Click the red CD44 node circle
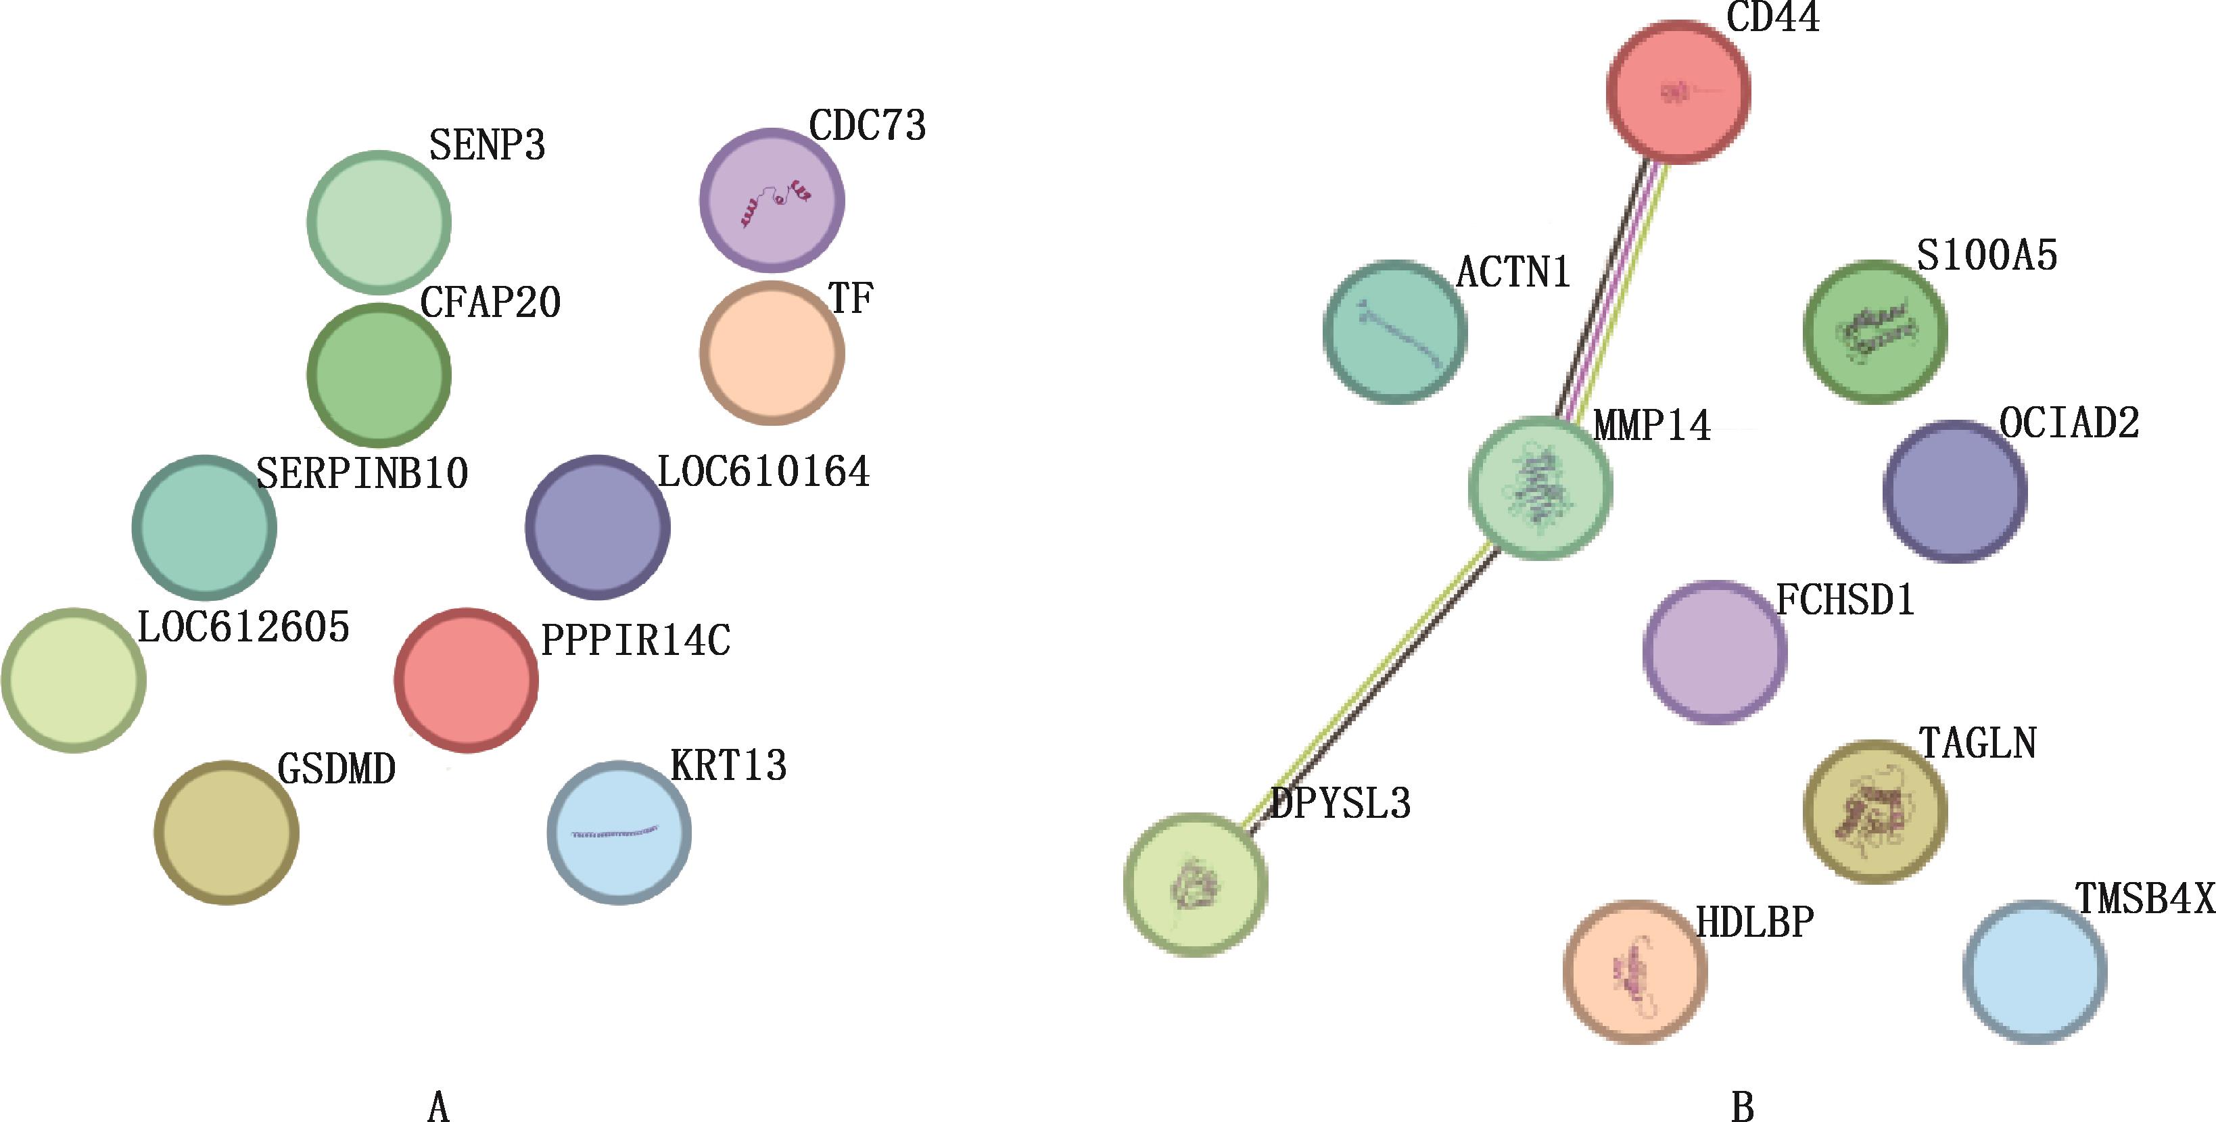(x=1678, y=91)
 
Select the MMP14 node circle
(x=1540, y=487)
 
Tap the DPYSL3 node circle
(x=1195, y=884)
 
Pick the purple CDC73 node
(x=772, y=200)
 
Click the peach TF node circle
(x=772, y=353)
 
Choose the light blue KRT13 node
(x=619, y=831)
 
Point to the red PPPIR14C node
(x=466, y=679)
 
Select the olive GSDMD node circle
(x=227, y=831)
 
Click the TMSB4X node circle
(x=2035, y=971)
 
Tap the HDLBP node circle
(x=1634, y=971)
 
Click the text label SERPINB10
(x=362, y=474)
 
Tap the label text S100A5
(x=1987, y=255)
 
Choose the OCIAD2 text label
(x=2069, y=423)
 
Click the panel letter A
(x=438, y=1107)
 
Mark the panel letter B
(x=1742, y=1107)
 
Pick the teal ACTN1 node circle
(x=1394, y=331)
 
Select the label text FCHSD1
(x=1845, y=600)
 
